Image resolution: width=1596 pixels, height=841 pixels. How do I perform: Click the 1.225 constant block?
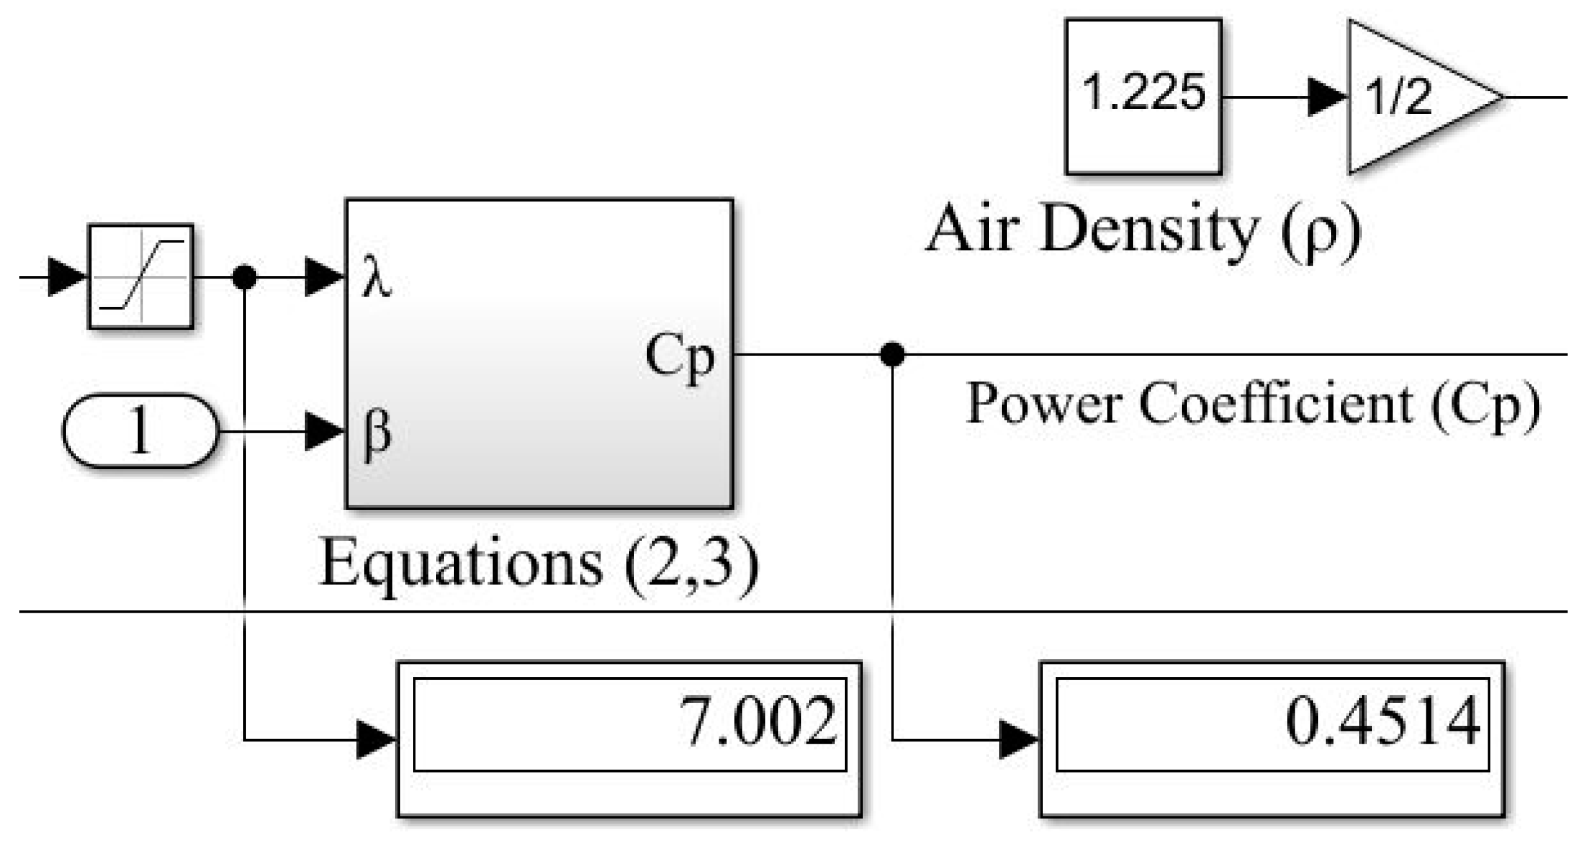(x=1143, y=97)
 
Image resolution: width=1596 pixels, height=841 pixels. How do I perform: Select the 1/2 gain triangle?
(x=1413, y=97)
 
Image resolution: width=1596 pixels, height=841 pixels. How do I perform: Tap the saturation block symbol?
(x=141, y=277)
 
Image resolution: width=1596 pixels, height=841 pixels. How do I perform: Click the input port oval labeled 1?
(x=141, y=431)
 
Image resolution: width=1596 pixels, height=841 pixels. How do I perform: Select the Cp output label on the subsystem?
(x=680, y=356)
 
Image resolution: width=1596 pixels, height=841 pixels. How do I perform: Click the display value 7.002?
(x=757, y=722)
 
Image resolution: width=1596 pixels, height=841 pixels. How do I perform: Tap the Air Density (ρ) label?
(x=1143, y=229)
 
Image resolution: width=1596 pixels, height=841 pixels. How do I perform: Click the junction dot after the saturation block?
(x=244, y=277)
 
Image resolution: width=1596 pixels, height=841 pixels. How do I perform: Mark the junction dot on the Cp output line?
(x=892, y=354)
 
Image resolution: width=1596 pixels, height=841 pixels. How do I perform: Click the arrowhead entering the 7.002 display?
(x=375, y=740)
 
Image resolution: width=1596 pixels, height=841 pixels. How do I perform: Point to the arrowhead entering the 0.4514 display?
(x=1018, y=740)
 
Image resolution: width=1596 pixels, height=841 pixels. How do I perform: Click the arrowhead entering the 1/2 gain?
(x=1327, y=97)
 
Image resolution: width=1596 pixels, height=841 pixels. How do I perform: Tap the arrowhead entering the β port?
(x=324, y=431)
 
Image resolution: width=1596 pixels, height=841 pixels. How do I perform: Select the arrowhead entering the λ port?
(x=324, y=277)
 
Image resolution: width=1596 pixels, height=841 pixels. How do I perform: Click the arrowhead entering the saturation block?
(x=67, y=277)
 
